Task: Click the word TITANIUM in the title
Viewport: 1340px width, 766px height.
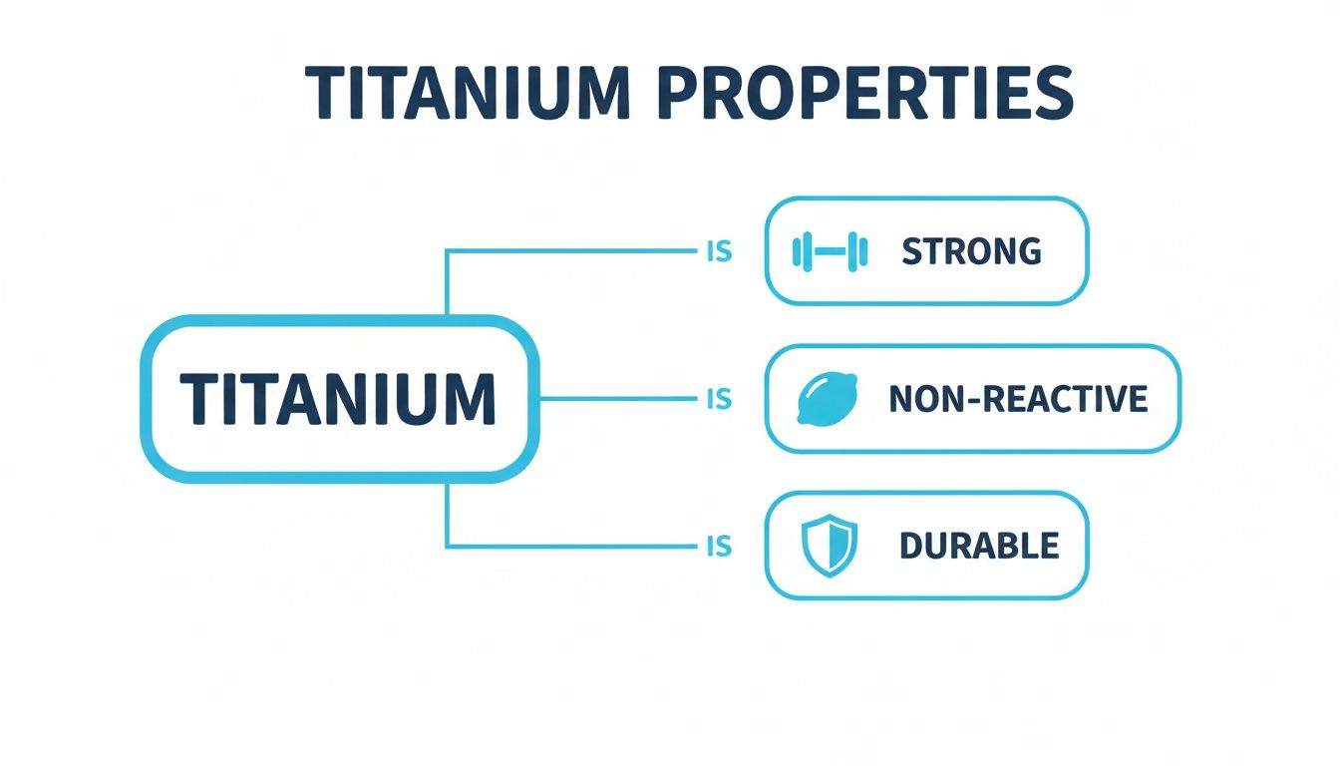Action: click(468, 93)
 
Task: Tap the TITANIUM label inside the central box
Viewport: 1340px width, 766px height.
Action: click(338, 399)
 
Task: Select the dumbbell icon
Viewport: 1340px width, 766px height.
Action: click(830, 251)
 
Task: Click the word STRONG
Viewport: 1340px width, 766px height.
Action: click(971, 251)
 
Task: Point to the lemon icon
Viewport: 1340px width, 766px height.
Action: click(828, 399)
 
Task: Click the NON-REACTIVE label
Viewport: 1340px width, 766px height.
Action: click(1018, 399)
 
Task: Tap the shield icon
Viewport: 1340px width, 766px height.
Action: click(830, 546)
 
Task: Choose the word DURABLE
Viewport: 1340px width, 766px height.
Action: click(979, 546)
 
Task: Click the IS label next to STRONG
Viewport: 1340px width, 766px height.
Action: click(719, 251)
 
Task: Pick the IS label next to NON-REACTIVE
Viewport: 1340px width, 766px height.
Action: click(719, 399)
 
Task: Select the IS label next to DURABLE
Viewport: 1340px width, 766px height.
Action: click(719, 546)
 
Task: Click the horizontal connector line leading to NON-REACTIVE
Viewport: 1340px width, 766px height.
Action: click(618, 399)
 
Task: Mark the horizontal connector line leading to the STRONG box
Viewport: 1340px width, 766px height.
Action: click(572, 251)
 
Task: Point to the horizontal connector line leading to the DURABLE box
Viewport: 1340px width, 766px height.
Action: click(572, 546)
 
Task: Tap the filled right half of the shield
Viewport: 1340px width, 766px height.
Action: click(842, 545)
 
